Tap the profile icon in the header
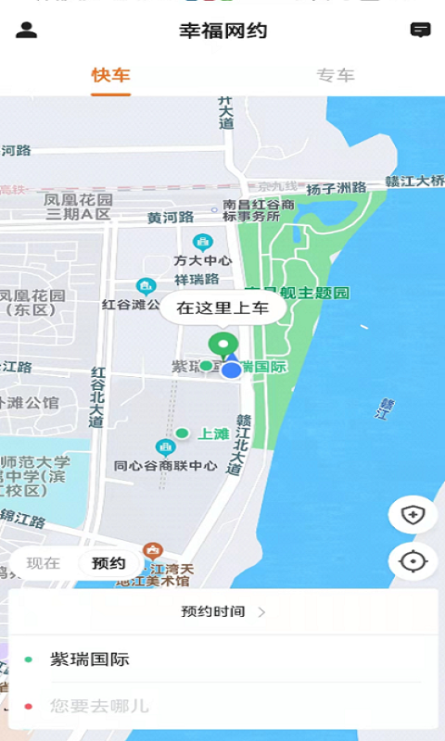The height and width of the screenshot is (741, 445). click(27, 30)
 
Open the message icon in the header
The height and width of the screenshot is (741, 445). click(421, 30)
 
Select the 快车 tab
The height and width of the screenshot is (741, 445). click(110, 75)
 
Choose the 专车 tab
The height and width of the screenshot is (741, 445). click(336, 75)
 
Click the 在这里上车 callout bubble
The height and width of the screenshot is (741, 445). click(222, 308)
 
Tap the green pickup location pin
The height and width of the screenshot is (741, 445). click(222, 345)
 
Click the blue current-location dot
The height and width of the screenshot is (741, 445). click(232, 370)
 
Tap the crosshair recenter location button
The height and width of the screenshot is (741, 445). click(413, 560)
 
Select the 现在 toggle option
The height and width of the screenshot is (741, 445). click(43, 562)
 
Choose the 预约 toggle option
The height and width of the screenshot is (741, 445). click(108, 562)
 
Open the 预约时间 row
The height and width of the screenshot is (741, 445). click(222, 611)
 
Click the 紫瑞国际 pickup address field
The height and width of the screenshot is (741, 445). click(222, 659)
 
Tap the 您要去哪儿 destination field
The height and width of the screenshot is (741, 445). click(222, 706)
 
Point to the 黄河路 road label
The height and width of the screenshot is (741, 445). click(171, 218)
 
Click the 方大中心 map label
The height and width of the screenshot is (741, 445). click(202, 260)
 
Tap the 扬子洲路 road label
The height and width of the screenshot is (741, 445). click(336, 188)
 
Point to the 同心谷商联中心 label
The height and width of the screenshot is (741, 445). click(165, 466)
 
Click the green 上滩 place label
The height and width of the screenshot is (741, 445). click(213, 433)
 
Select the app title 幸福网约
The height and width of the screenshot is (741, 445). click(222, 31)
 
